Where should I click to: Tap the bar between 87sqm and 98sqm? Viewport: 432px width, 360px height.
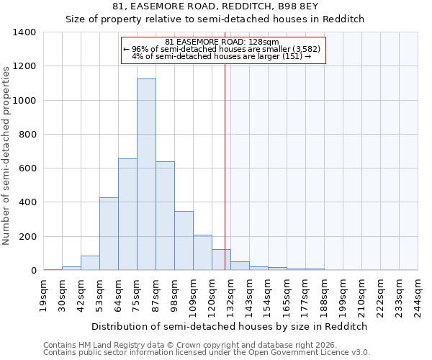point(165,216)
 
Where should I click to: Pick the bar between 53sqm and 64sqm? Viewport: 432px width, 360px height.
point(109,234)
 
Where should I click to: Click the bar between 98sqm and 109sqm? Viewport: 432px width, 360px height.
point(184,240)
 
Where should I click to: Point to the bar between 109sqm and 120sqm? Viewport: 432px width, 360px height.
point(202,253)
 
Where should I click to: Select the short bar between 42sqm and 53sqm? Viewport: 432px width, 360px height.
point(90,263)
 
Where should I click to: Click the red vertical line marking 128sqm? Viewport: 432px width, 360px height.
point(225,166)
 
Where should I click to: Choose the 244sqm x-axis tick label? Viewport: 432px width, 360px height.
point(418,296)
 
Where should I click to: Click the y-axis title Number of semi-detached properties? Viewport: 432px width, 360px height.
point(7,155)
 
